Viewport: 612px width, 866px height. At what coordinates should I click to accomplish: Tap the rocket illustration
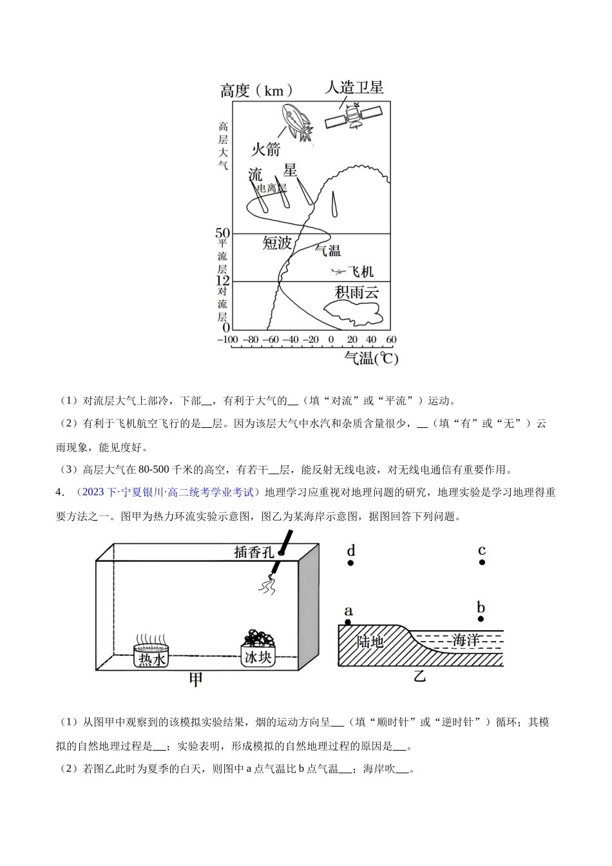297,124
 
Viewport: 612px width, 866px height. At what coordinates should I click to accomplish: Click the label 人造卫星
354,87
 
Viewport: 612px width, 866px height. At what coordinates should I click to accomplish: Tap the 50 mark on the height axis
222,233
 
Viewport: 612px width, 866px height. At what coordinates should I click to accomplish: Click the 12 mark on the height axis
222,281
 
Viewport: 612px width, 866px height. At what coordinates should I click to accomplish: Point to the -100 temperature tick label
227,340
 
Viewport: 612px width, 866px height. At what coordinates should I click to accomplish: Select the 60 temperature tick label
390,340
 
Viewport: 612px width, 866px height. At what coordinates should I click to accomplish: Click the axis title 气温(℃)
371,358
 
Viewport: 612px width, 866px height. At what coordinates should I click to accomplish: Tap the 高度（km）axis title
256,90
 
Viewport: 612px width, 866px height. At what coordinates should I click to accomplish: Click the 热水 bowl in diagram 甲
153,653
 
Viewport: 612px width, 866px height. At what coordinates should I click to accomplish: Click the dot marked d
350,563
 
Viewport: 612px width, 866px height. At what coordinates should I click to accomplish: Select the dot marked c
482,563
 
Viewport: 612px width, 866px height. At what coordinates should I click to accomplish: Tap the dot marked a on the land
349,622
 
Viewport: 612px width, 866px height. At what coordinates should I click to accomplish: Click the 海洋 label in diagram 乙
466,640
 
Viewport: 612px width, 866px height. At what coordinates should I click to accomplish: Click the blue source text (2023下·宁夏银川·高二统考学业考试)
167,493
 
